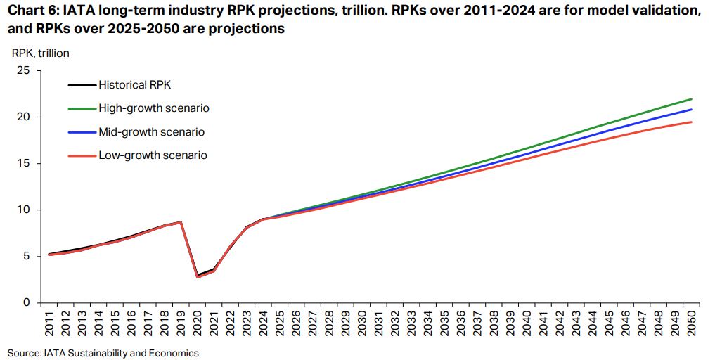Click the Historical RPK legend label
(x=135, y=85)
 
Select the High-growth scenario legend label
(x=154, y=108)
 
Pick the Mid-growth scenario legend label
(x=152, y=131)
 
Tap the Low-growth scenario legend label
(x=153, y=155)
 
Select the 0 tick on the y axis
(x=27, y=302)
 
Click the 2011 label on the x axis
(x=48, y=326)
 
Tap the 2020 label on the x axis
(x=198, y=326)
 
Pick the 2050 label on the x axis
(x=693, y=326)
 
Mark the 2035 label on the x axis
(x=445, y=326)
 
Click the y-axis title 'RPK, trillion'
(x=41, y=52)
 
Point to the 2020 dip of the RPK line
(x=198, y=276)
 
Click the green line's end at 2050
(x=692, y=99)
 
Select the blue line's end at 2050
(x=692, y=109)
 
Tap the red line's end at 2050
(x=692, y=122)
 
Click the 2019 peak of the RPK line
(x=181, y=222)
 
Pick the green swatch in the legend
(x=82, y=108)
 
